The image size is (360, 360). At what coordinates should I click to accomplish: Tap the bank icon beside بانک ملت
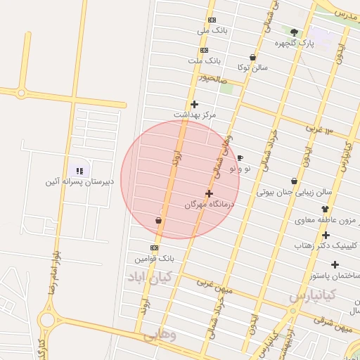pos(204,51)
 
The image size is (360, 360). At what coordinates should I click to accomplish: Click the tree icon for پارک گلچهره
pos(294,32)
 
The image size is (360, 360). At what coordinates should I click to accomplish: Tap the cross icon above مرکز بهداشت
pos(194,104)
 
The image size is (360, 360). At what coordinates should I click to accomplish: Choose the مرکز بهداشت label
pos(195,114)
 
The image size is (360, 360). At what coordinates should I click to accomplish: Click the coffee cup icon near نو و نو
pos(240,158)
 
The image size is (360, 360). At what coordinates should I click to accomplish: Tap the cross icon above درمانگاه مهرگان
pos(209,193)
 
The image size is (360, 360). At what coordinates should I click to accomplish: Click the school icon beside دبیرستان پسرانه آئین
pos(79,170)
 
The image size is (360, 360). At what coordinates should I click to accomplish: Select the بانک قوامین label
pos(150,258)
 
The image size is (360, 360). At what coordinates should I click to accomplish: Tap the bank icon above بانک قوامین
pos(154,247)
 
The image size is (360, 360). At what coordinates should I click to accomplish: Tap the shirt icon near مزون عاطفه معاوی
pos(325,209)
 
